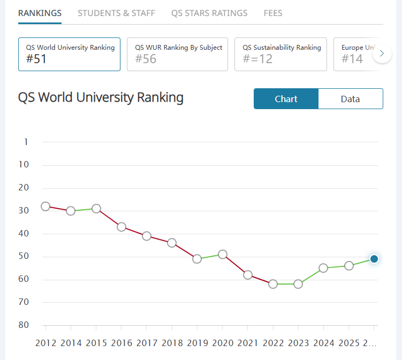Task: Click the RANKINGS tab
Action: click(40, 13)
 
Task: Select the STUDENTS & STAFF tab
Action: click(116, 13)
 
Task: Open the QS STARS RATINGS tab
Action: click(209, 13)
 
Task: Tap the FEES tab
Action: click(273, 13)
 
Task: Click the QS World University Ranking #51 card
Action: click(69, 54)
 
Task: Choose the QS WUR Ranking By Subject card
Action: click(178, 54)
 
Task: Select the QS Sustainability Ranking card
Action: click(280, 54)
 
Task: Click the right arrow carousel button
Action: click(382, 53)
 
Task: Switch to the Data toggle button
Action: click(351, 99)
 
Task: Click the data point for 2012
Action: click(45, 206)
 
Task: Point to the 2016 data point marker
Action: click(122, 227)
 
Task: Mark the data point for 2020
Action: click(223, 255)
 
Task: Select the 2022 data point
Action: click(273, 284)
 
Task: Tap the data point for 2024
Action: click(323, 268)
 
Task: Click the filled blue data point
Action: click(374, 259)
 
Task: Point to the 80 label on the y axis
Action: click(23, 325)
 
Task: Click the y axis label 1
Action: click(26, 142)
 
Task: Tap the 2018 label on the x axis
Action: click(172, 343)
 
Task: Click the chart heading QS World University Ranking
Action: click(101, 98)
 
